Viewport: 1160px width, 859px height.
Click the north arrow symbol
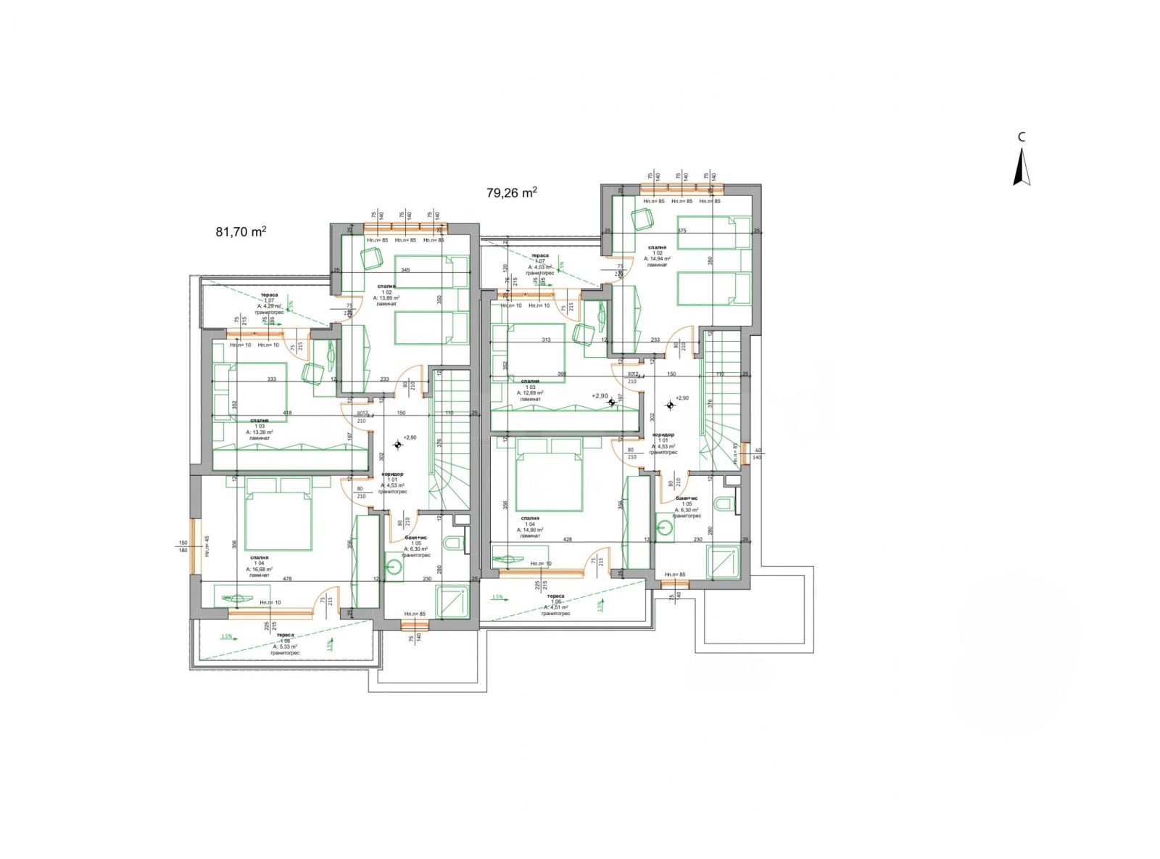1022,167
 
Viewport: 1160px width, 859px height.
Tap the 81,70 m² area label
241,232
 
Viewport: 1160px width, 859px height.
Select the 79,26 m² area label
512,193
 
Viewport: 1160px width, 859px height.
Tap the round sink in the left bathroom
394,567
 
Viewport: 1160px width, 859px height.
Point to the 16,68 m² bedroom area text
259,570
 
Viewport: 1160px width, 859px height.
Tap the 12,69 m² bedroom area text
530,392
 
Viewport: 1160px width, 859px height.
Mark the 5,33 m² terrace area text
285,646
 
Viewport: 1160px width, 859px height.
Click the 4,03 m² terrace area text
539,267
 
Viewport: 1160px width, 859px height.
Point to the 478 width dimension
287,579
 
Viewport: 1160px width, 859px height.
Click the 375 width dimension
681,231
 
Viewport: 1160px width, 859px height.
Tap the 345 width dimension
405,271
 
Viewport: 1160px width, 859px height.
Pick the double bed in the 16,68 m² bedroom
279,515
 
